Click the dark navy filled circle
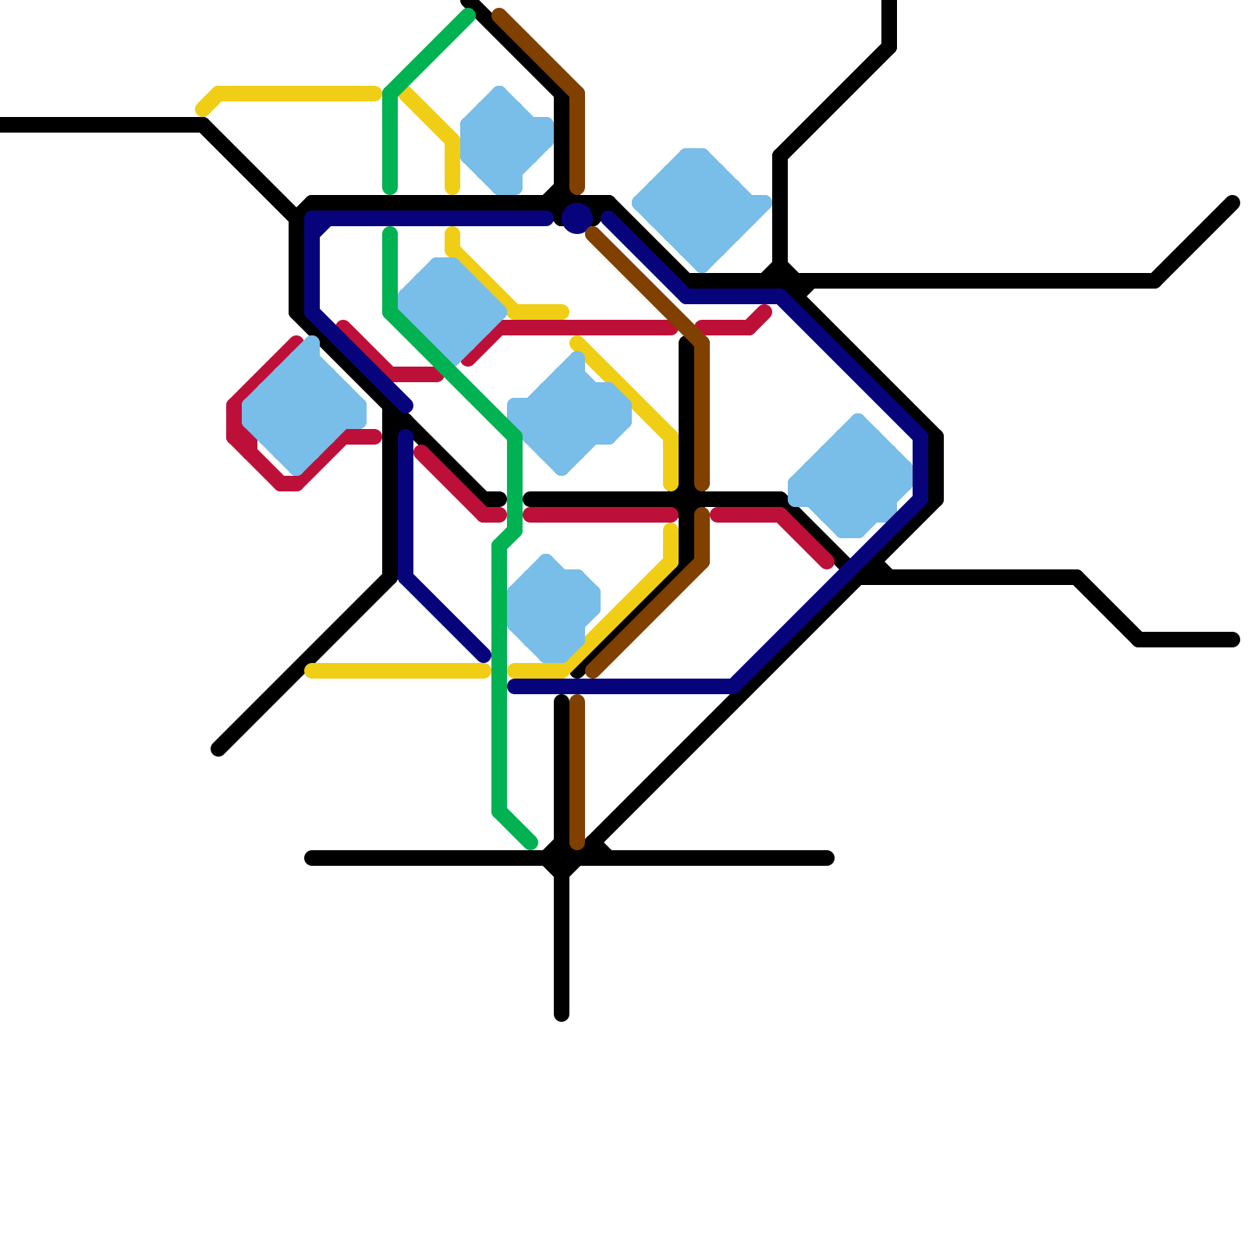click(576, 218)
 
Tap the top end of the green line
click(469, 16)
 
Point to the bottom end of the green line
click(532, 843)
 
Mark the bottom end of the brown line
click(577, 843)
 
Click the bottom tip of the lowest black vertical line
click(562, 1015)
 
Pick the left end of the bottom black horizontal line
click(310, 859)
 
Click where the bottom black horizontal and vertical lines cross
click(562, 859)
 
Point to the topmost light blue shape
click(503, 140)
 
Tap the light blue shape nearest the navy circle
click(698, 207)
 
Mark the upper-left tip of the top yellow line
click(202, 110)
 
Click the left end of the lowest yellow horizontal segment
click(311, 671)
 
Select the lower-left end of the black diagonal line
click(218, 750)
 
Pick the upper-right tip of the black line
click(1233, 203)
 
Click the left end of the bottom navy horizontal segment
click(513, 686)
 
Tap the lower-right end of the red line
click(828, 562)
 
